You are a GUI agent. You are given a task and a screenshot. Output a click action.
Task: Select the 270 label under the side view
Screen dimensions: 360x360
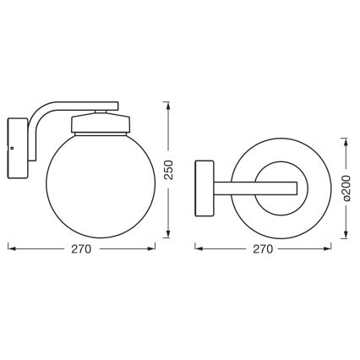[81, 249]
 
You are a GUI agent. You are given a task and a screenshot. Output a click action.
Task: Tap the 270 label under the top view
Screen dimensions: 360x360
[263, 249]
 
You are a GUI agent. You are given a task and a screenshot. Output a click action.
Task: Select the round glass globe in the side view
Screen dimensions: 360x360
[101, 188]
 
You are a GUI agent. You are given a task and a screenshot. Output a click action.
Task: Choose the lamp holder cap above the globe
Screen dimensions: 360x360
[100, 124]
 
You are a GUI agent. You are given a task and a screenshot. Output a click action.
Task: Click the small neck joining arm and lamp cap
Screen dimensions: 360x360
[101, 110]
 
